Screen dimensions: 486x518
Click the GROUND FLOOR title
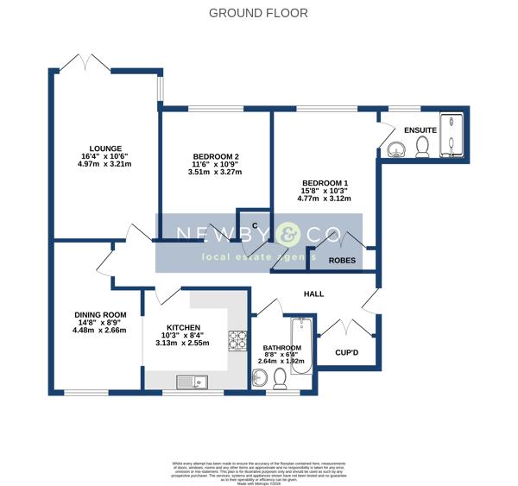coord(259,13)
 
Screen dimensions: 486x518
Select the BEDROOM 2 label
coord(215,156)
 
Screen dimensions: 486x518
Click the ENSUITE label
coord(420,129)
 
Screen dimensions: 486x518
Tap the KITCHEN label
coord(182,328)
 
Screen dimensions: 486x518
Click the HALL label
coord(313,294)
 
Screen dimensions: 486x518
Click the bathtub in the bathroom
coord(301,345)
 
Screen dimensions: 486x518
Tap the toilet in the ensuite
coord(423,148)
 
